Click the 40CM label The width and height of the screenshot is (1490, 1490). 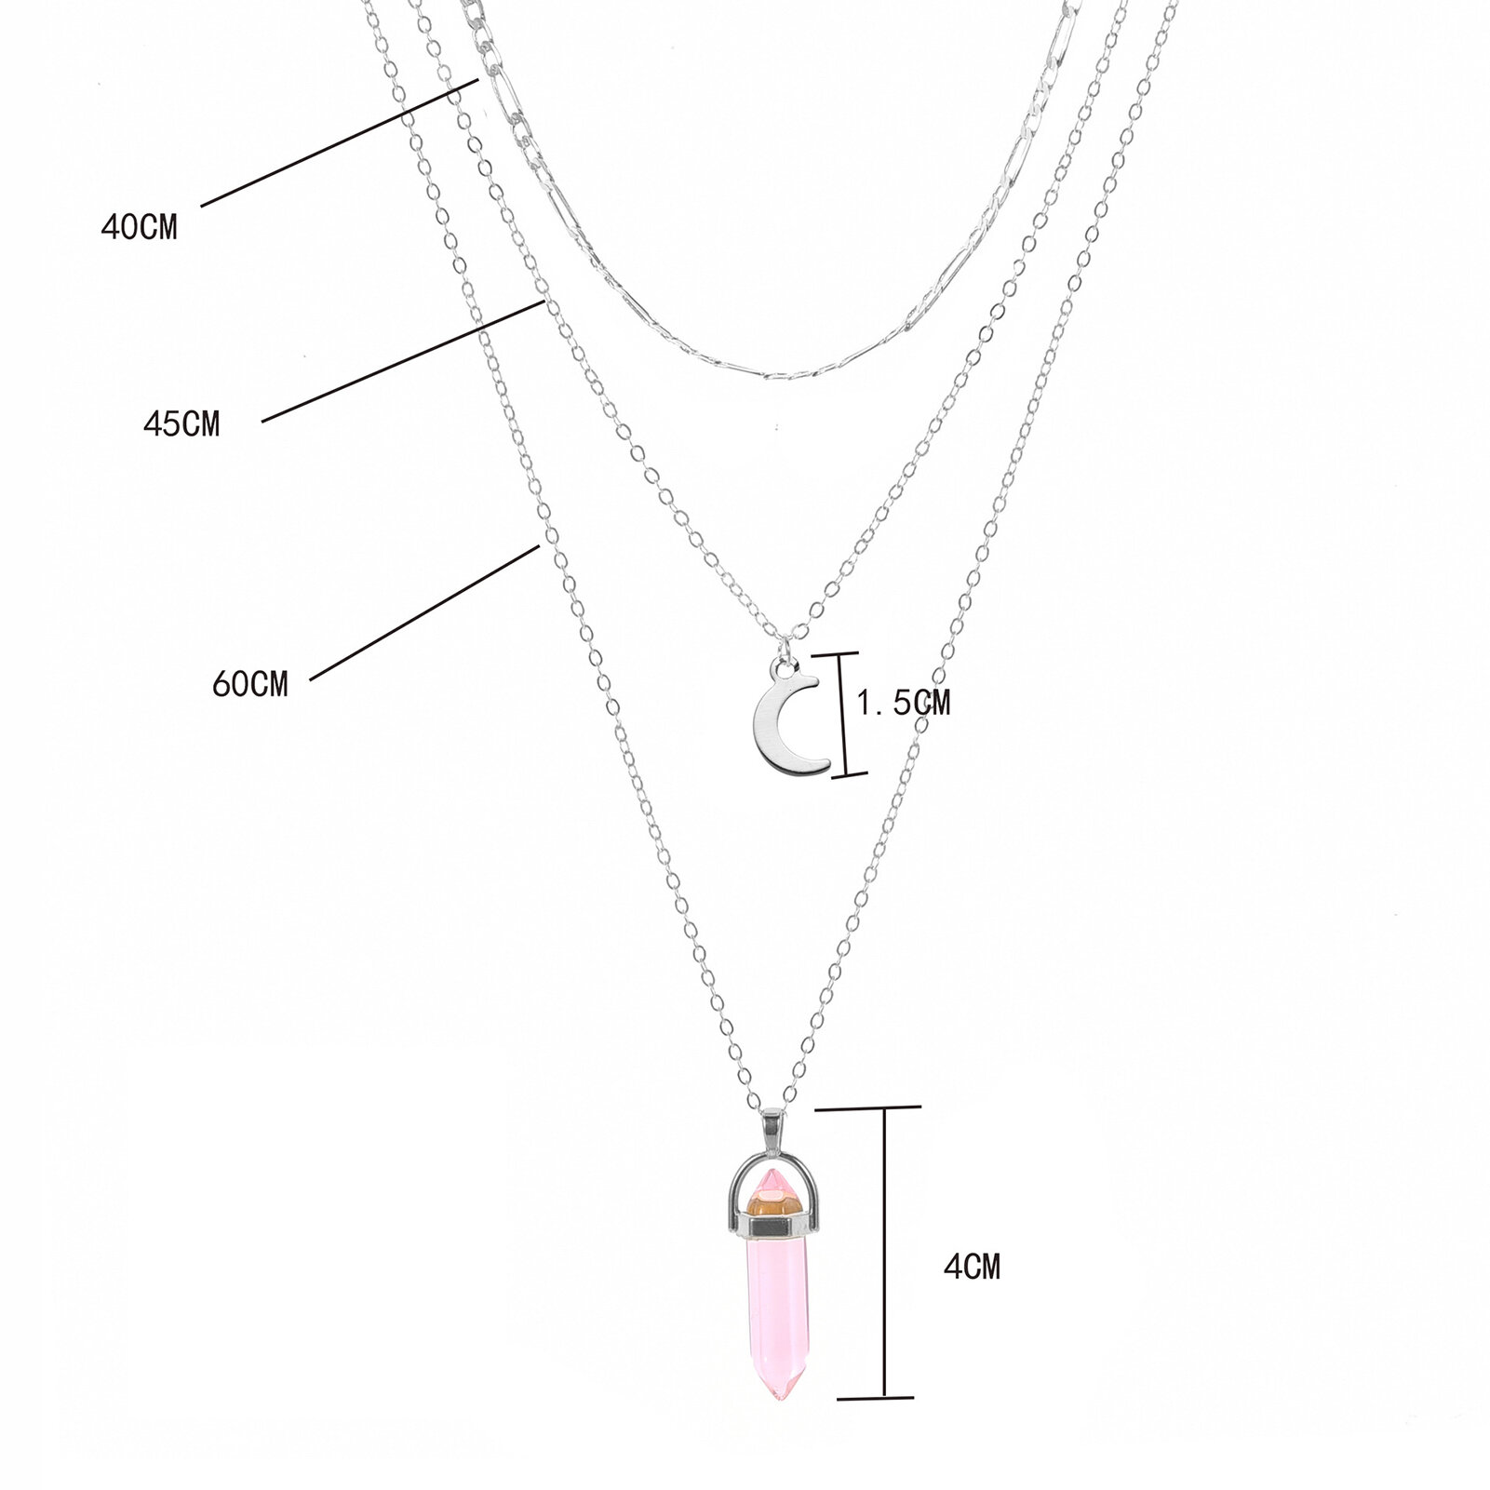point(139,227)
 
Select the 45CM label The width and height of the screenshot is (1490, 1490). point(181,424)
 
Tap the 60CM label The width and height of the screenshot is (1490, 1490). point(250,685)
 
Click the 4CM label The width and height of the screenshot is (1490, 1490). point(973,1267)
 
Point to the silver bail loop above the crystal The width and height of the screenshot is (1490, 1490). point(775,1130)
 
